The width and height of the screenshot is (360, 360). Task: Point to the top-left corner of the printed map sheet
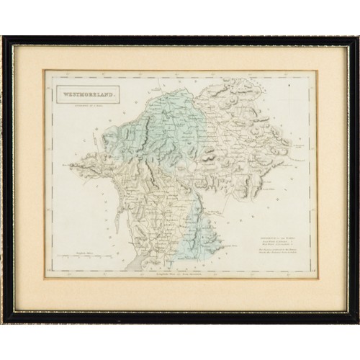click(45, 71)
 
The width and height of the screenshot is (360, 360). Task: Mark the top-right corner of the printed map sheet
click(316, 71)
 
